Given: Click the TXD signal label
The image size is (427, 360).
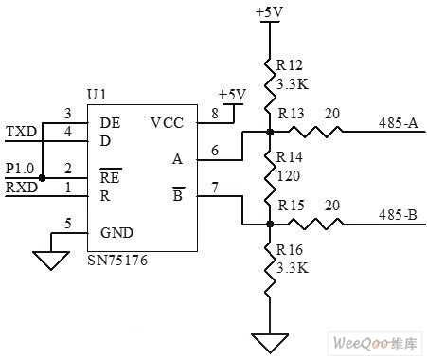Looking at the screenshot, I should (20, 130).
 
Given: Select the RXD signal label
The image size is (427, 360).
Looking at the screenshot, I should (20, 188).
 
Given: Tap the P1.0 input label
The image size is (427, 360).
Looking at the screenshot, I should (20, 168).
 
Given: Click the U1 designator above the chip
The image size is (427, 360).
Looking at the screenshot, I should (97, 95).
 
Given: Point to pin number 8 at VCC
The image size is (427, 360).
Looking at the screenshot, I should (213, 112).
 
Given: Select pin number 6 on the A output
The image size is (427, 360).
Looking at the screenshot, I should (214, 150).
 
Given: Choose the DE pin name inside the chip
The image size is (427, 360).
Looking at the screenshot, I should (110, 121).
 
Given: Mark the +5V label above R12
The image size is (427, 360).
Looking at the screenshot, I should (269, 12).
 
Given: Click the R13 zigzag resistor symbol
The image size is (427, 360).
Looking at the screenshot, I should (323, 133).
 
